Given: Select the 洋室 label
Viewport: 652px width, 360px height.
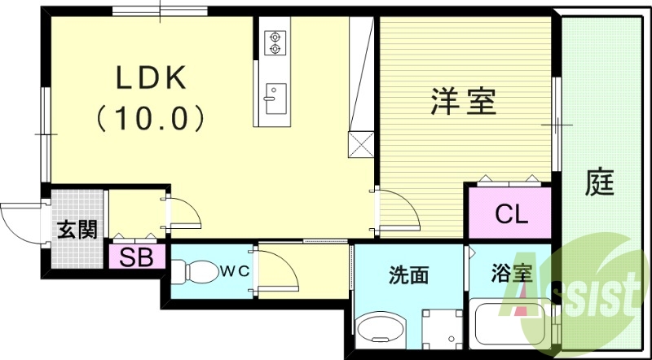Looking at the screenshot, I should point(463,103).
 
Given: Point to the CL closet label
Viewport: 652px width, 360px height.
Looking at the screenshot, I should point(513,216).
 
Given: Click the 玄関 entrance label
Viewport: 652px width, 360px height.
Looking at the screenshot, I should point(77,230).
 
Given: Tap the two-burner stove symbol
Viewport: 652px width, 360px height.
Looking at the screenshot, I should point(273,42).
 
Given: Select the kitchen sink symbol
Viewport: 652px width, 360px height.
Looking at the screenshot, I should point(273,97).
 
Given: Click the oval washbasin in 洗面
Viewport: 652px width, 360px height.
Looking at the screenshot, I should point(381,330).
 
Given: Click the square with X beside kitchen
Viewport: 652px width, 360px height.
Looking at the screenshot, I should point(359,145).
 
